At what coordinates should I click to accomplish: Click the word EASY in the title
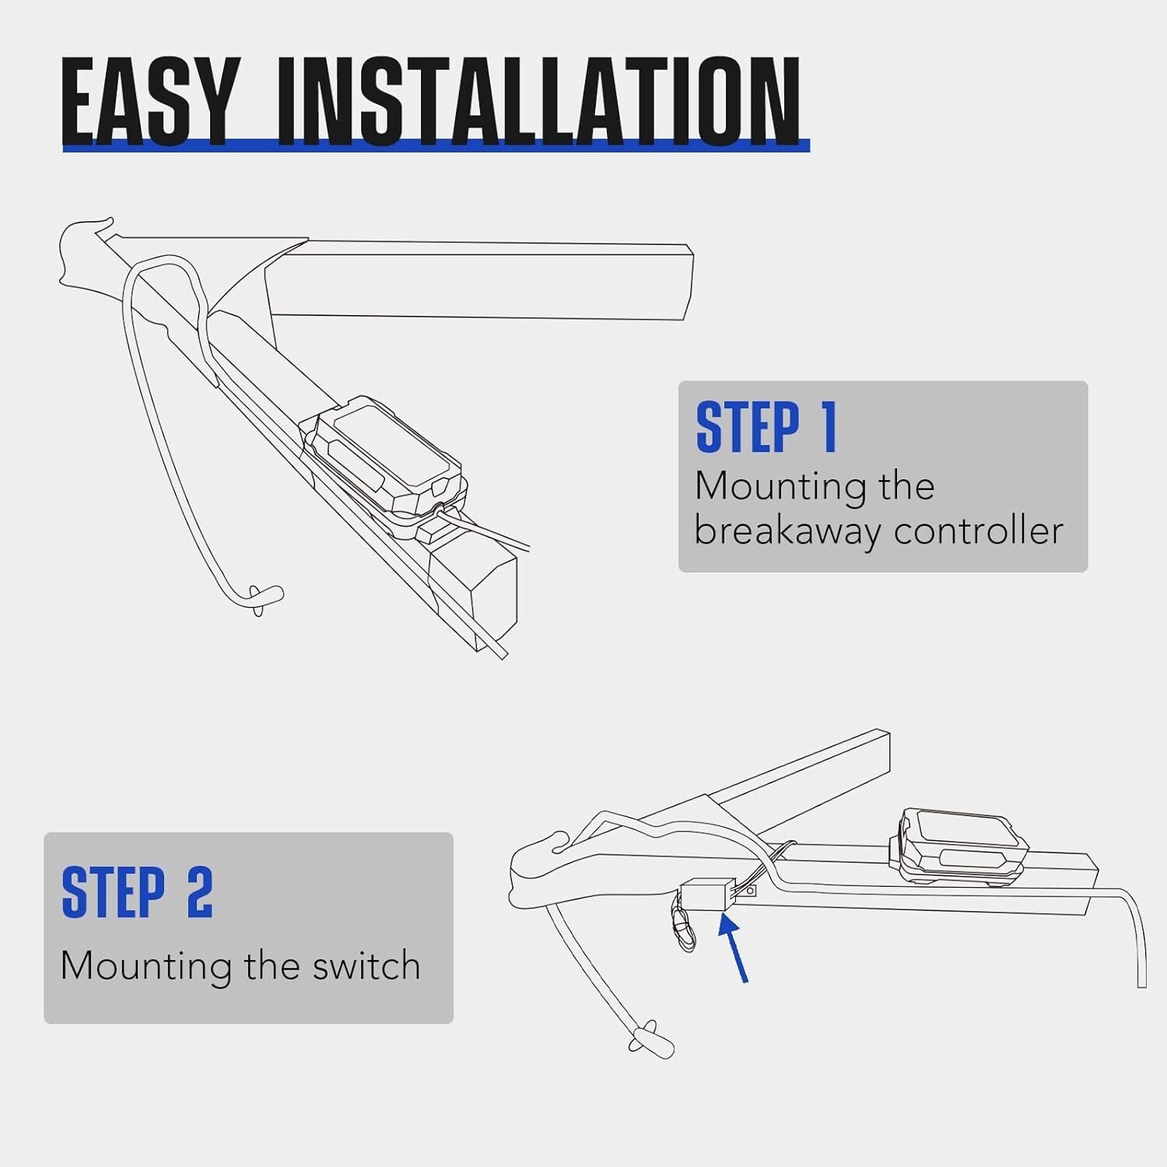[148, 101]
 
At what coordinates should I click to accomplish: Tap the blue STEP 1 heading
[766, 427]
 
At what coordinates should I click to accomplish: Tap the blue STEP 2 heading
[137, 892]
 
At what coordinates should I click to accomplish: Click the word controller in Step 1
[978, 531]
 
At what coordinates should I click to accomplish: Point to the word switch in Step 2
[366, 965]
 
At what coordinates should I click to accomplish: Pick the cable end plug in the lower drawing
[652, 1041]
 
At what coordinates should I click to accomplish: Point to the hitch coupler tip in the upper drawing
[82, 249]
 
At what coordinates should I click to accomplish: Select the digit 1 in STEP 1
[829, 427]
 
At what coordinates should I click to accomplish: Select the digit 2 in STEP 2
[199, 892]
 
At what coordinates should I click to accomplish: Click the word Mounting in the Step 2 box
[146, 965]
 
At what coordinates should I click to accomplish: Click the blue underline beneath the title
[436, 146]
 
